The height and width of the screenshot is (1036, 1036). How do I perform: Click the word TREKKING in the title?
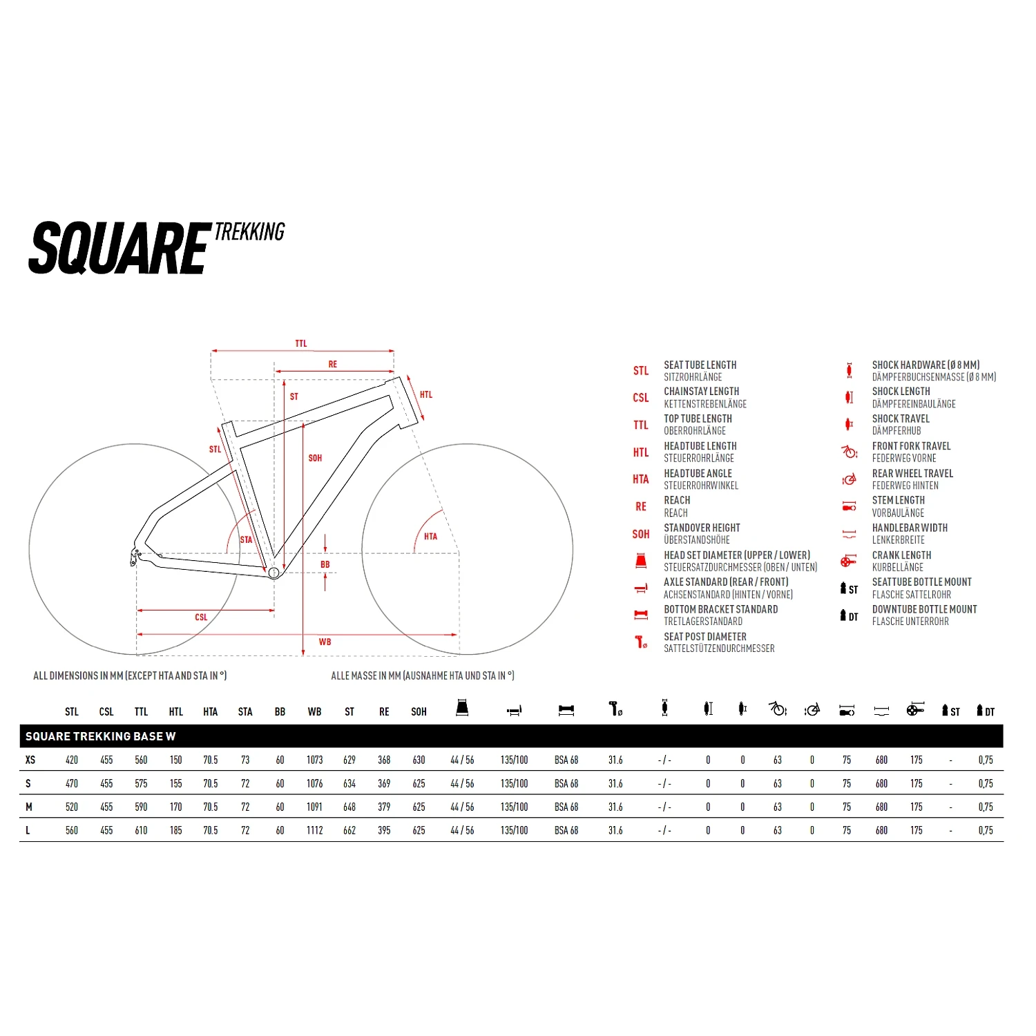[x=249, y=232]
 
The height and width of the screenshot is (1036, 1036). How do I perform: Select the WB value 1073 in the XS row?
[x=315, y=760]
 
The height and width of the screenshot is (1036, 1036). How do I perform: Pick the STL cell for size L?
[x=72, y=830]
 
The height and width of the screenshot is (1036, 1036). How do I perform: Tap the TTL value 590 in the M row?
[x=142, y=807]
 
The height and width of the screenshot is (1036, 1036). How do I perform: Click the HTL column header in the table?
[x=176, y=711]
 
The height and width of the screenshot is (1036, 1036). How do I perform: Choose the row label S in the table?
[x=28, y=783]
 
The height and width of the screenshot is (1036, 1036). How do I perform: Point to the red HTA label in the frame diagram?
[x=430, y=536]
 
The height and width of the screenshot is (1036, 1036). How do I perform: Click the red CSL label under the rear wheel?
[x=201, y=617]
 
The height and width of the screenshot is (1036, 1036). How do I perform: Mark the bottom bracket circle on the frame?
[x=274, y=573]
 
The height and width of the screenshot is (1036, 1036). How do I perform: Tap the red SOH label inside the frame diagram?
[x=315, y=458]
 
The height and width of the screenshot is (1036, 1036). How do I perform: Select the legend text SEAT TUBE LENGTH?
[x=700, y=365]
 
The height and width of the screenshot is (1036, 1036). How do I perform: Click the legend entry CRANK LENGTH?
[x=901, y=555]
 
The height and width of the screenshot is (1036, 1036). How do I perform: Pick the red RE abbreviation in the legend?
[x=641, y=506]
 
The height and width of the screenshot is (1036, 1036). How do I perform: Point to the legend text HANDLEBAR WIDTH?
[x=910, y=528]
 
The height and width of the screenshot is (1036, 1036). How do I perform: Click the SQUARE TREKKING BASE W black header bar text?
[x=101, y=736]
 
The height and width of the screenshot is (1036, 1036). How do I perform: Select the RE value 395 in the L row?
[x=384, y=830]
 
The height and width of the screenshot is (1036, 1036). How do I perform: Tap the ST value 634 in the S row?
[x=349, y=783]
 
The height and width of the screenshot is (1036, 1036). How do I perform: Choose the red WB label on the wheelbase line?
[x=325, y=642]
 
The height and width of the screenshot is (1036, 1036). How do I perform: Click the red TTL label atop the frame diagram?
[x=301, y=343]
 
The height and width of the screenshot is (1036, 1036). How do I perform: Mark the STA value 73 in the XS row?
[x=245, y=760]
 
